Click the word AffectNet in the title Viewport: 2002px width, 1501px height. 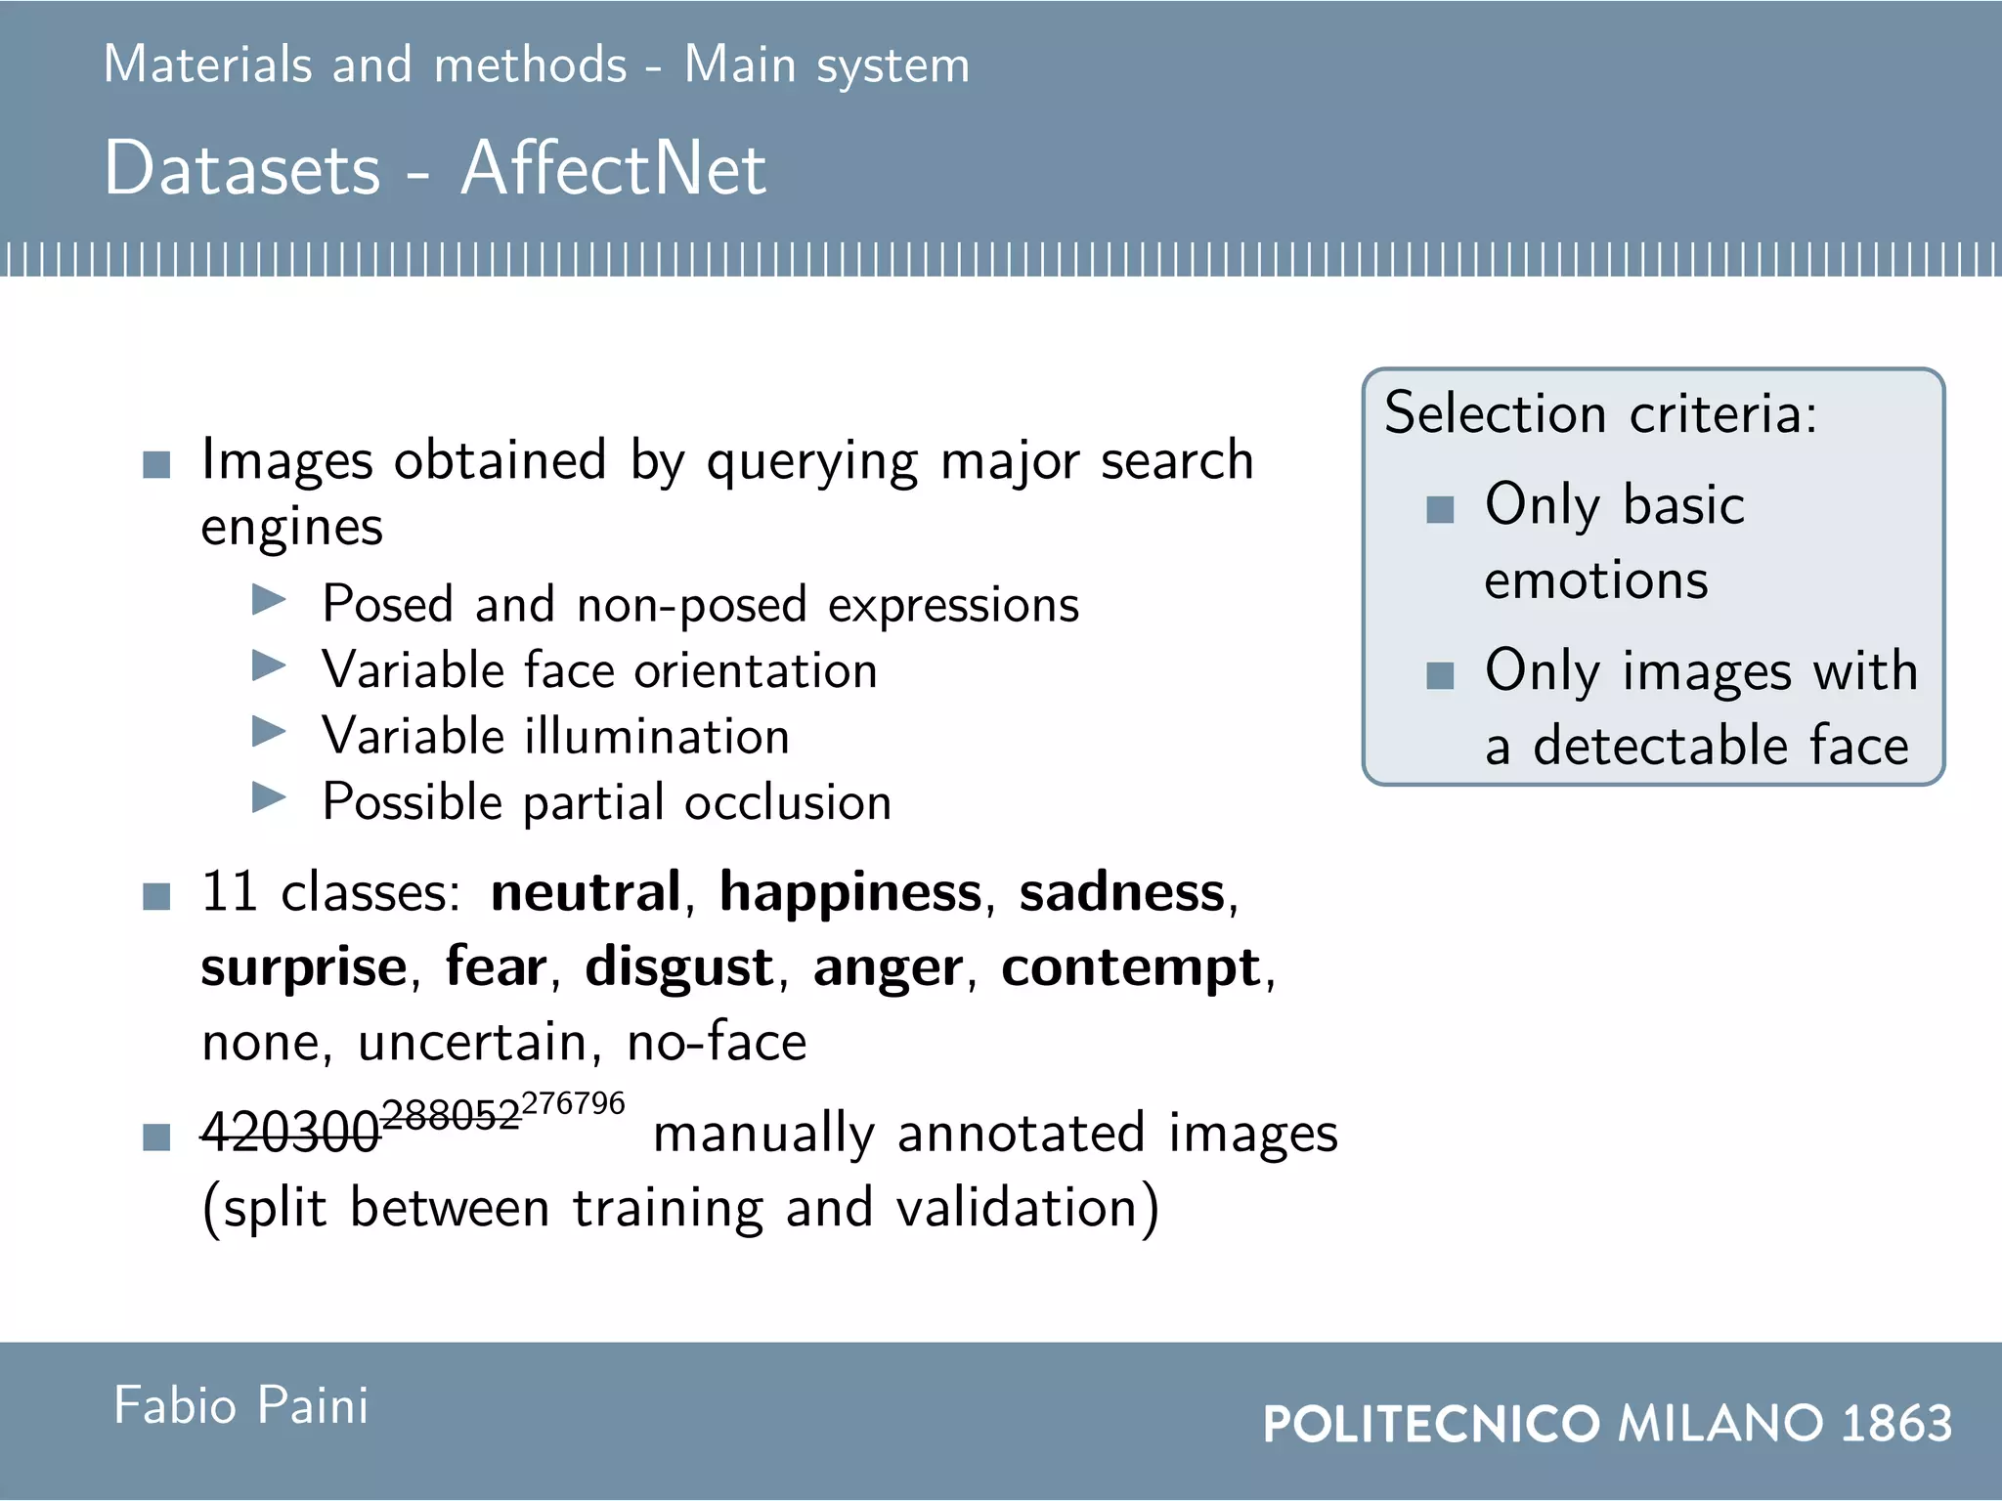click(x=613, y=168)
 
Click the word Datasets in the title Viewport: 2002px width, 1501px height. click(x=241, y=168)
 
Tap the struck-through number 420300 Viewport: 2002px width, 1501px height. click(x=289, y=1134)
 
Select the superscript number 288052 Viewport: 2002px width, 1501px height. click(x=451, y=1115)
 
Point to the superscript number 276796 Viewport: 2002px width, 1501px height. click(x=573, y=1103)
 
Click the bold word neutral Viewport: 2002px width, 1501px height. click(x=586, y=891)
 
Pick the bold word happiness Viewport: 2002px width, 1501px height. click(x=850, y=893)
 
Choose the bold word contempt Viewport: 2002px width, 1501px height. click(x=1131, y=967)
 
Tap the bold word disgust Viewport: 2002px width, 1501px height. click(x=679, y=967)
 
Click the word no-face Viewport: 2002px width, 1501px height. click(x=717, y=1042)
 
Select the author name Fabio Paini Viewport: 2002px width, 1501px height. click(x=241, y=1405)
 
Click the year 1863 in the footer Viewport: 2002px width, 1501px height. click(x=1896, y=1423)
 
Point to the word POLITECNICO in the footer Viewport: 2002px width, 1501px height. click(x=1431, y=1423)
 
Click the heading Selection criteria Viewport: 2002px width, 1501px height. click(x=1600, y=413)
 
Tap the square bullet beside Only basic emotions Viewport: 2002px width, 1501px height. click(x=1440, y=509)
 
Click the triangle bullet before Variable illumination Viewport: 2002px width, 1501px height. click(x=269, y=731)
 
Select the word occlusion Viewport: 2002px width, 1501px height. click(x=788, y=802)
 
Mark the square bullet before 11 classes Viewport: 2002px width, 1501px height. click(x=156, y=896)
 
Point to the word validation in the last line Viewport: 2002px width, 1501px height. click(x=1017, y=1208)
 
